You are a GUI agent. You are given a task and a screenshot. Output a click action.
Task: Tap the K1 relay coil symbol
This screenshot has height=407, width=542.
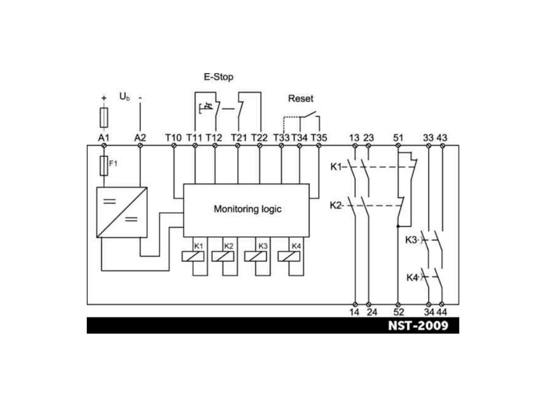pos(193,256)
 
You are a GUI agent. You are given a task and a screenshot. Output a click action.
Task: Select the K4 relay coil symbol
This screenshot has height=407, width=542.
pos(289,256)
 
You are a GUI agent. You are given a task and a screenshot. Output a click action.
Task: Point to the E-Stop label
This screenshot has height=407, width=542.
pos(218,77)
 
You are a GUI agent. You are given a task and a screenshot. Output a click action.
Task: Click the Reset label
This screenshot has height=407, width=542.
pos(301,98)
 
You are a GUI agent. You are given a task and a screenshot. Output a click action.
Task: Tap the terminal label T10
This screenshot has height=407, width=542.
pos(173,138)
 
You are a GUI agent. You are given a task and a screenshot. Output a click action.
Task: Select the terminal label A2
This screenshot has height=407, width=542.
pos(140,138)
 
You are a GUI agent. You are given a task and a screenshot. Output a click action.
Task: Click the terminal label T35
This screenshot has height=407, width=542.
pos(319,138)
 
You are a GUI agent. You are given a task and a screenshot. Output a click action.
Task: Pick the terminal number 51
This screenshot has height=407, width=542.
pos(398,138)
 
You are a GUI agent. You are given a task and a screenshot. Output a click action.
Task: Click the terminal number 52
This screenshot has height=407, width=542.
pos(399,312)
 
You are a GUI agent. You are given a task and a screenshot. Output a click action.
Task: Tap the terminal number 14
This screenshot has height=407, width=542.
pos(354,312)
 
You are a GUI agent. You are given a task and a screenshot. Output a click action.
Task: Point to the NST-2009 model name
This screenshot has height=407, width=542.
pos(418,326)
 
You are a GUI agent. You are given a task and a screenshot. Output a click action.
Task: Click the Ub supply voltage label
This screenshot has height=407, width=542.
pos(124,97)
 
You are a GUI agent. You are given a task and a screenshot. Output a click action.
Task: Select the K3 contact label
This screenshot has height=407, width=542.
pos(412,240)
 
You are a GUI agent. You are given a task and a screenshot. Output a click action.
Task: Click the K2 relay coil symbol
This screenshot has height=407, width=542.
pos(223,256)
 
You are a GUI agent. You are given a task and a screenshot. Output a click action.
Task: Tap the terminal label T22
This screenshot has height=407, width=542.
pos(259,138)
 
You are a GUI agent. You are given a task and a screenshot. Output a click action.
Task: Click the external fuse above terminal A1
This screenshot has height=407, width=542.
pos(104,118)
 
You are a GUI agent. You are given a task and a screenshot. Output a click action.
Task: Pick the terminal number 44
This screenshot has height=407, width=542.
pos(442,312)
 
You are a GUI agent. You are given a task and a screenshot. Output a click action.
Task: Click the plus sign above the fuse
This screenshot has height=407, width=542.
pos(104,98)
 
